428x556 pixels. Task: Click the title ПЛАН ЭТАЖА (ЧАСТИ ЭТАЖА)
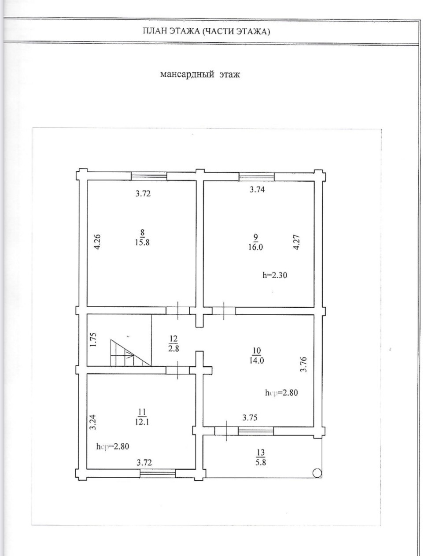pyautogui.click(x=207, y=31)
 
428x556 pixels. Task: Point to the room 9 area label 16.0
pyautogui.click(x=255, y=247)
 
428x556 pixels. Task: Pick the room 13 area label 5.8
pyautogui.click(x=260, y=462)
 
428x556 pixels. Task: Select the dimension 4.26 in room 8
pyautogui.click(x=98, y=242)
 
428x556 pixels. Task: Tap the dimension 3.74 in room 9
pyautogui.click(x=258, y=190)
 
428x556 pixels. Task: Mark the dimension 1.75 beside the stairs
pyautogui.click(x=93, y=340)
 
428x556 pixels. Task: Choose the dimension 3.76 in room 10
pyautogui.click(x=303, y=365)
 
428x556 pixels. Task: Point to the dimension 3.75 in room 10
pyautogui.click(x=250, y=418)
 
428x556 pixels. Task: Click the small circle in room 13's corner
pyautogui.click(x=316, y=473)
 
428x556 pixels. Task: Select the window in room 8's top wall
pyautogui.click(x=149, y=176)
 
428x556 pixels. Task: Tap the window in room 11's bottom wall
pyautogui.click(x=158, y=473)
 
